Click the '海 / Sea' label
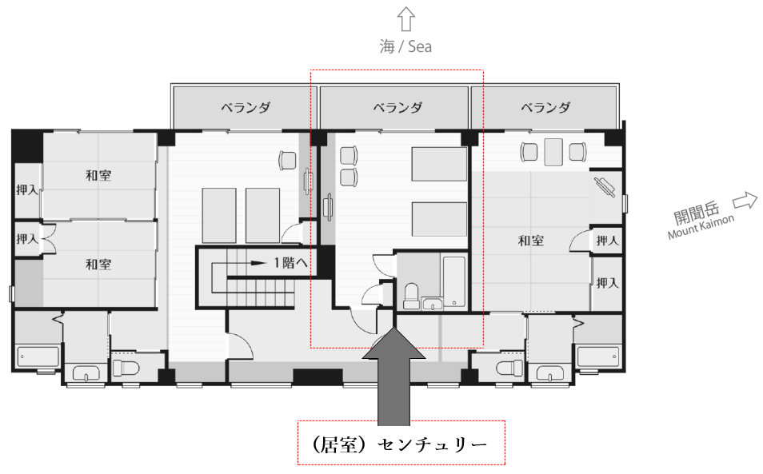405,46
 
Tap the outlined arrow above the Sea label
405,19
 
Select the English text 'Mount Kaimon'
701,227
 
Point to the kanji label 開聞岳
697,213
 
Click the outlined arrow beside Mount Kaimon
745,201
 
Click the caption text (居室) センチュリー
398,444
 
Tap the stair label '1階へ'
290,263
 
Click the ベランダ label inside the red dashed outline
397,107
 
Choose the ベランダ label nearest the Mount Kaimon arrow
545,107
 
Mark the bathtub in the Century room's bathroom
453,282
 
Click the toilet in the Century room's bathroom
412,296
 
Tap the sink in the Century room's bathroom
432,304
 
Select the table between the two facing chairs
553,152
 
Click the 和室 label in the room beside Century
530,241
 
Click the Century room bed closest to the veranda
439,164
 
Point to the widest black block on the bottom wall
318,376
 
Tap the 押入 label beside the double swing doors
26,239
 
